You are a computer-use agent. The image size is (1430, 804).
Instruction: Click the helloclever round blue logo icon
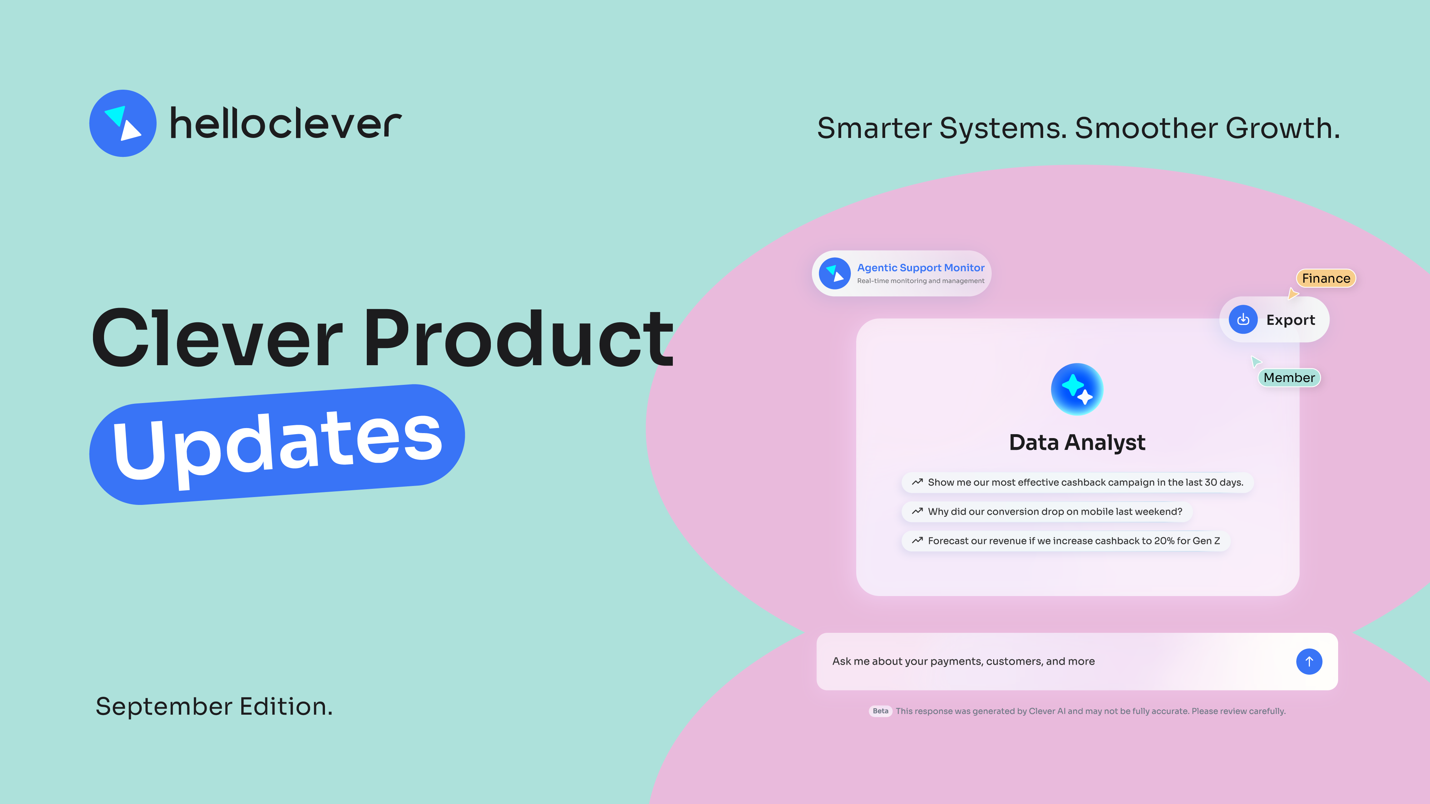point(123,123)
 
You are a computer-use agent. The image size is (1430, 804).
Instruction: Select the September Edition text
point(214,706)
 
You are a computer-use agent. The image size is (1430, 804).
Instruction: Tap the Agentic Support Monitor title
point(921,267)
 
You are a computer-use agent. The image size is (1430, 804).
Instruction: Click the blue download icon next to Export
point(1243,319)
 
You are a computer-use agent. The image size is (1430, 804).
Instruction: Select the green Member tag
point(1288,378)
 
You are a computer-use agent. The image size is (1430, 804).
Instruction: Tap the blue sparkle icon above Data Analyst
point(1076,389)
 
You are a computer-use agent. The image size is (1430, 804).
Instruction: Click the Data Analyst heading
point(1076,443)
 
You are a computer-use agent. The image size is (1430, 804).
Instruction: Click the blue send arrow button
point(1308,661)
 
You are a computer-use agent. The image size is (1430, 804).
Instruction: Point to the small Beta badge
point(880,711)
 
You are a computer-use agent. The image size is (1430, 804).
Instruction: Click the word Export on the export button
point(1290,320)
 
